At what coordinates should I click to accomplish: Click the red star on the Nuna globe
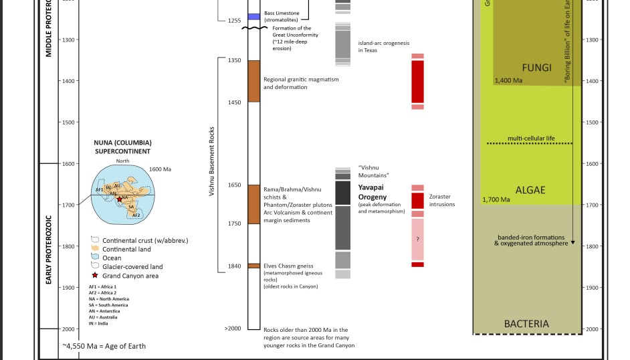(x=119, y=199)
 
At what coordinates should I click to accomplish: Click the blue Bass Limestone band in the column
(x=253, y=16)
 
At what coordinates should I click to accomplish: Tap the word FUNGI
(x=536, y=68)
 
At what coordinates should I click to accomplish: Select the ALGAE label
(x=530, y=190)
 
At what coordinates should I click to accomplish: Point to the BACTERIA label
(x=526, y=324)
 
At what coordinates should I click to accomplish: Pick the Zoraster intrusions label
(x=442, y=201)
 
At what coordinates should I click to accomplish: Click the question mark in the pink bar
(x=417, y=239)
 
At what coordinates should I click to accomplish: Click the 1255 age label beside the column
(x=234, y=21)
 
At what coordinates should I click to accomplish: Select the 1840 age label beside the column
(x=234, y=266)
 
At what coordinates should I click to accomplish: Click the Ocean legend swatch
(x=95, y=258)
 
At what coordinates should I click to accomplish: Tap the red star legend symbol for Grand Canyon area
(x=95, y=276)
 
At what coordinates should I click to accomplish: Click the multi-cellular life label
(x=531, y=139)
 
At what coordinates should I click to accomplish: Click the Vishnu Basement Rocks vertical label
(x=212, y=161)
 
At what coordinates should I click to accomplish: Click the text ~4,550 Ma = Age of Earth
(x=104, y=346)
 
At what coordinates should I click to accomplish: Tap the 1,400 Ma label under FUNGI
(x=508, y=81)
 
